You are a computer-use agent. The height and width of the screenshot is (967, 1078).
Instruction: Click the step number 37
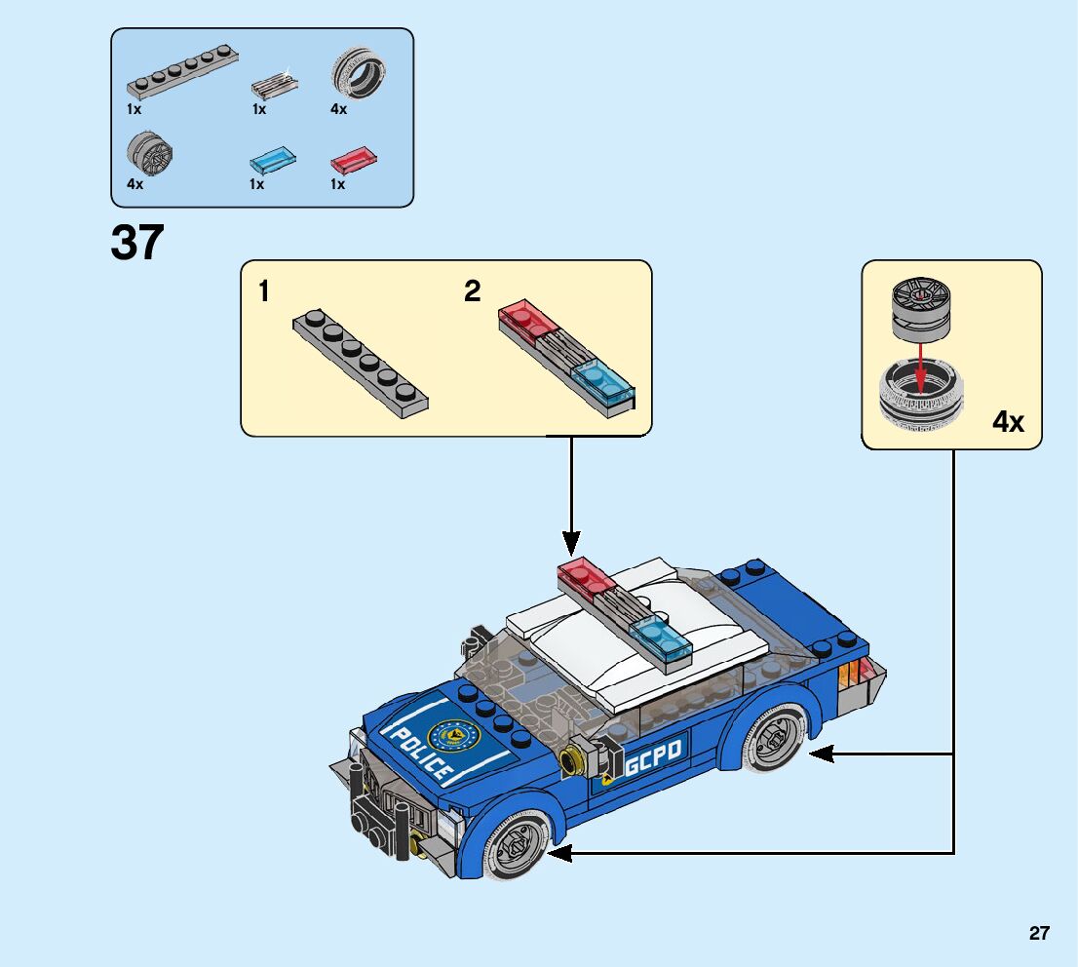coord(137,243)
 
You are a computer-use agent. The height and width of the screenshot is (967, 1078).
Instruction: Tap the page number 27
coord(1039,934)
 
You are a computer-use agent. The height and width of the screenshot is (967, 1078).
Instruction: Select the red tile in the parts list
coord(354,158)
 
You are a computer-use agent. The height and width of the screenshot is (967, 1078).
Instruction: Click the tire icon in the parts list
coord(358,73)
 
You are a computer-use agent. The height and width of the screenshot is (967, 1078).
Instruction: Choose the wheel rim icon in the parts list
coord(148,154)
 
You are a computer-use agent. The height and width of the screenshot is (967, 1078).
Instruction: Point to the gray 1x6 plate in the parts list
coord(182,75)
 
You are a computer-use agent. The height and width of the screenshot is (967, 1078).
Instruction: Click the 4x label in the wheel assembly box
coord(1008,421)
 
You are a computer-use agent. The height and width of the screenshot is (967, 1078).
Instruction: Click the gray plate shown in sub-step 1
coord(361,363)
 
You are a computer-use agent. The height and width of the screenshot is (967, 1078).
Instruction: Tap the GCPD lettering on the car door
coord(654,753)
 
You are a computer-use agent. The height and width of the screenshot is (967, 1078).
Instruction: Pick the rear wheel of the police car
coord(774,740)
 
